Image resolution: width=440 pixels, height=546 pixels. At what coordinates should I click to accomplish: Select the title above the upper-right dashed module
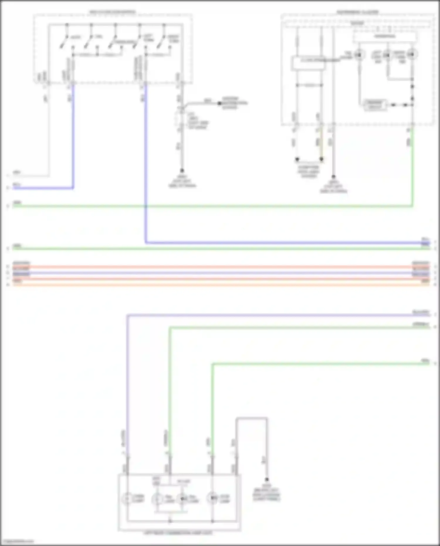coord(357,12)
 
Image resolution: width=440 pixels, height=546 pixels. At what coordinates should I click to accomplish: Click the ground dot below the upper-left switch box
coord(182,170)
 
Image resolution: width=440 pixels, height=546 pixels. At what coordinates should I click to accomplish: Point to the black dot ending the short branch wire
coord(219,103)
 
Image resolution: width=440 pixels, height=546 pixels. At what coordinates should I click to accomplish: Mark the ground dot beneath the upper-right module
coord(333,177)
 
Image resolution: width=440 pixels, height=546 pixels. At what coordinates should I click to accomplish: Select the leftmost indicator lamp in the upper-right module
coord(359,55)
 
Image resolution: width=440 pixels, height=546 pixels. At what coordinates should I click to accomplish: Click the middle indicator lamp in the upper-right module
coord(387,55)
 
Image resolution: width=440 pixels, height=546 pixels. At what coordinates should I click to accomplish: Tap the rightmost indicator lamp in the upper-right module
coord(412,55)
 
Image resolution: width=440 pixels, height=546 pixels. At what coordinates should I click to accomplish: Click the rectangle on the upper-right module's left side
coord(308,63)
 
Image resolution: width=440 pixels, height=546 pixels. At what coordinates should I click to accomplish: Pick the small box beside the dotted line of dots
coord(375,105)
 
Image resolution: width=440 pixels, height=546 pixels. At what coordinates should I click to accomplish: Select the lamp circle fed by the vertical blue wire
coord(127,498)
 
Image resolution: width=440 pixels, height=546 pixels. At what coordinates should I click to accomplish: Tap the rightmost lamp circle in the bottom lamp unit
coord(212,498)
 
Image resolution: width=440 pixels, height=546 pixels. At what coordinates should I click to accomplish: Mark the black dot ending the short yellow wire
coord(321,159)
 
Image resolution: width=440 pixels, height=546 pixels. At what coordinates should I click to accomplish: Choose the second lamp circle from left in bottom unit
coord(157,499)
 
